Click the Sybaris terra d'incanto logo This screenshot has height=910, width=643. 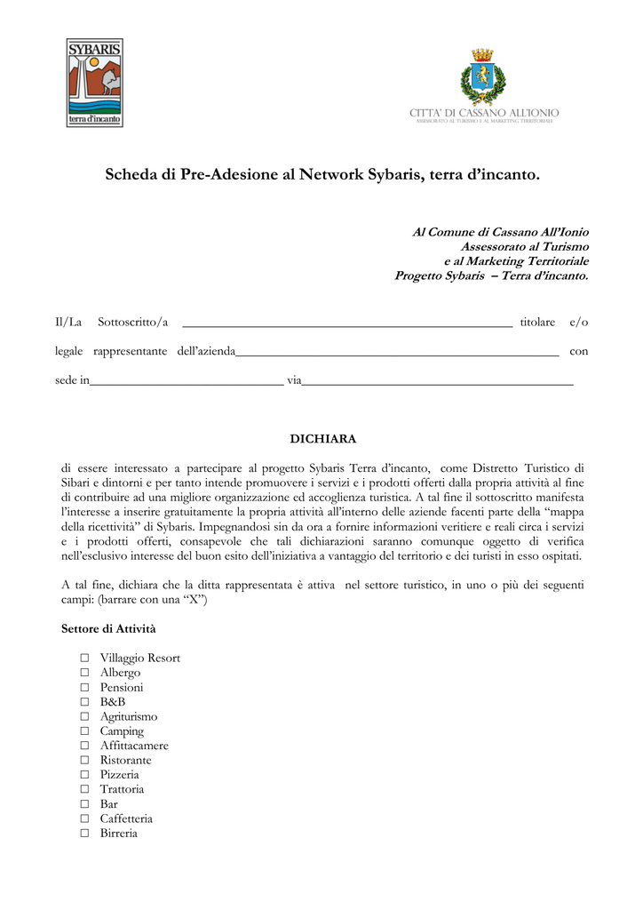click(95, 83)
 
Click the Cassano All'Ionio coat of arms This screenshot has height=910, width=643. click(482, 77)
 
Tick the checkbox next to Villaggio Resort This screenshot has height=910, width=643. click(84, 659)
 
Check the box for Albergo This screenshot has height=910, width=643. click(84, 673)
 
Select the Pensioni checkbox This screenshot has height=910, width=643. click(84, 688)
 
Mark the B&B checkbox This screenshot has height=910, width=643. click(84, 702)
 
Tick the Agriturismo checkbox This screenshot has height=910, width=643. click(84, 716)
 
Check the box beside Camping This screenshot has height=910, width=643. click(84, 731)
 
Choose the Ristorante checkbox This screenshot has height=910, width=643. click(84, 761)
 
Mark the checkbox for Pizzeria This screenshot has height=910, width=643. click(84, 775)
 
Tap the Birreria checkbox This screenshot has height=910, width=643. click(84, 834)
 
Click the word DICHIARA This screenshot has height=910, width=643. click(323, 439)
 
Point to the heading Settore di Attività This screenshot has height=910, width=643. click(108, 629)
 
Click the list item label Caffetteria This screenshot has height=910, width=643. click(126, 818)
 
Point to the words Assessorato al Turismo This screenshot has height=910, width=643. click(524, 246)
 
